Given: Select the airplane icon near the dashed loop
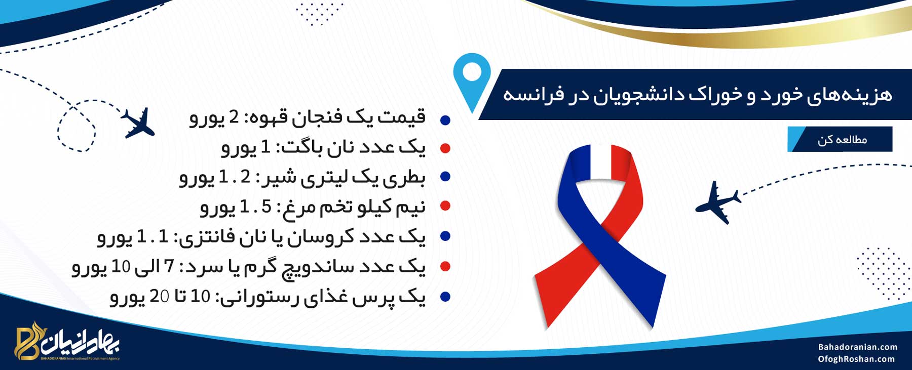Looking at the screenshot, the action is [138, 123].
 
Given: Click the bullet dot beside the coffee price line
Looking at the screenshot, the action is [445, 120].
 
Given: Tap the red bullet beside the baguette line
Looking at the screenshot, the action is [445, 148].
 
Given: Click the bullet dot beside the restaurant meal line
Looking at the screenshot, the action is [445, 297].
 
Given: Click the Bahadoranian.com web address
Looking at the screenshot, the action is [857, 347].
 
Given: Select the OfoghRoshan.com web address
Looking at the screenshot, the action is [856, 359].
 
